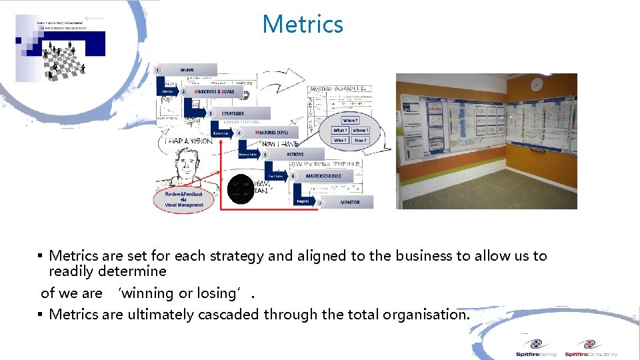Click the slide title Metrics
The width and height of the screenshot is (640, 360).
(303, 25)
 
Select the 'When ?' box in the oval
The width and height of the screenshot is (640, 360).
(350, 121)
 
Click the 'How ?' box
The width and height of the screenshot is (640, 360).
(360, 141)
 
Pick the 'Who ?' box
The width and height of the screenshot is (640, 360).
(340, 141)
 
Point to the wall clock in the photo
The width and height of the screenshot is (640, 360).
(537, 85)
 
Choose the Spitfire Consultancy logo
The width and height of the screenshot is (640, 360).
(591, 348)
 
